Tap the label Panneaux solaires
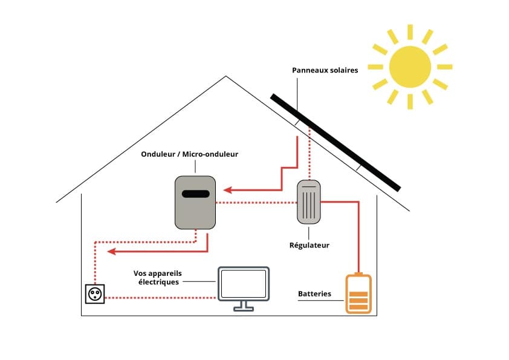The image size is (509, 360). pyautogui.click(x=325, y=71)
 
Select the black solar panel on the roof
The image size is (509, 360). pyautogui.click(x=336, y=142)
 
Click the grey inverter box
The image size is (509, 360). pyautogui.click(x=195, y=203)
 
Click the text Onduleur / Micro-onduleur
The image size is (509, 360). pyautogui.click(x=189, y=154)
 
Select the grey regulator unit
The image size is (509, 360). pyautogui.click(x=309, y=201)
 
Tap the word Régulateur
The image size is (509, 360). pyautogui.click(x=309, y=246)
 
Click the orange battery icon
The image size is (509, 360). pyautogui.click(x=358, y=294)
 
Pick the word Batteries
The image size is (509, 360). pyautogui.click(x=314, y=294)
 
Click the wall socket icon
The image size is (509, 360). pyautogui.click(x=95, y=294)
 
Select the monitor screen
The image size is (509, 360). pyautogui.click(x=244, y=283)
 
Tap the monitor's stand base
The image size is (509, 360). pyautogui.click(x=244, y=309)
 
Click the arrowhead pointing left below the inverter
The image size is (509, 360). pyautogui.click(x=110, y=252)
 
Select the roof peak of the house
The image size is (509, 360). pyautogui.click(x=226, y=77)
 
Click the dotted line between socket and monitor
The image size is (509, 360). pyautogui.click(x=160, y=298)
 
